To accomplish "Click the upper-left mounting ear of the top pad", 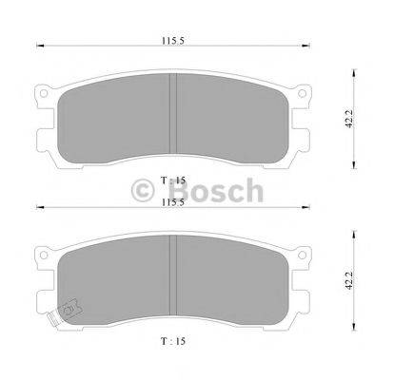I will click(x=44, y=96).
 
